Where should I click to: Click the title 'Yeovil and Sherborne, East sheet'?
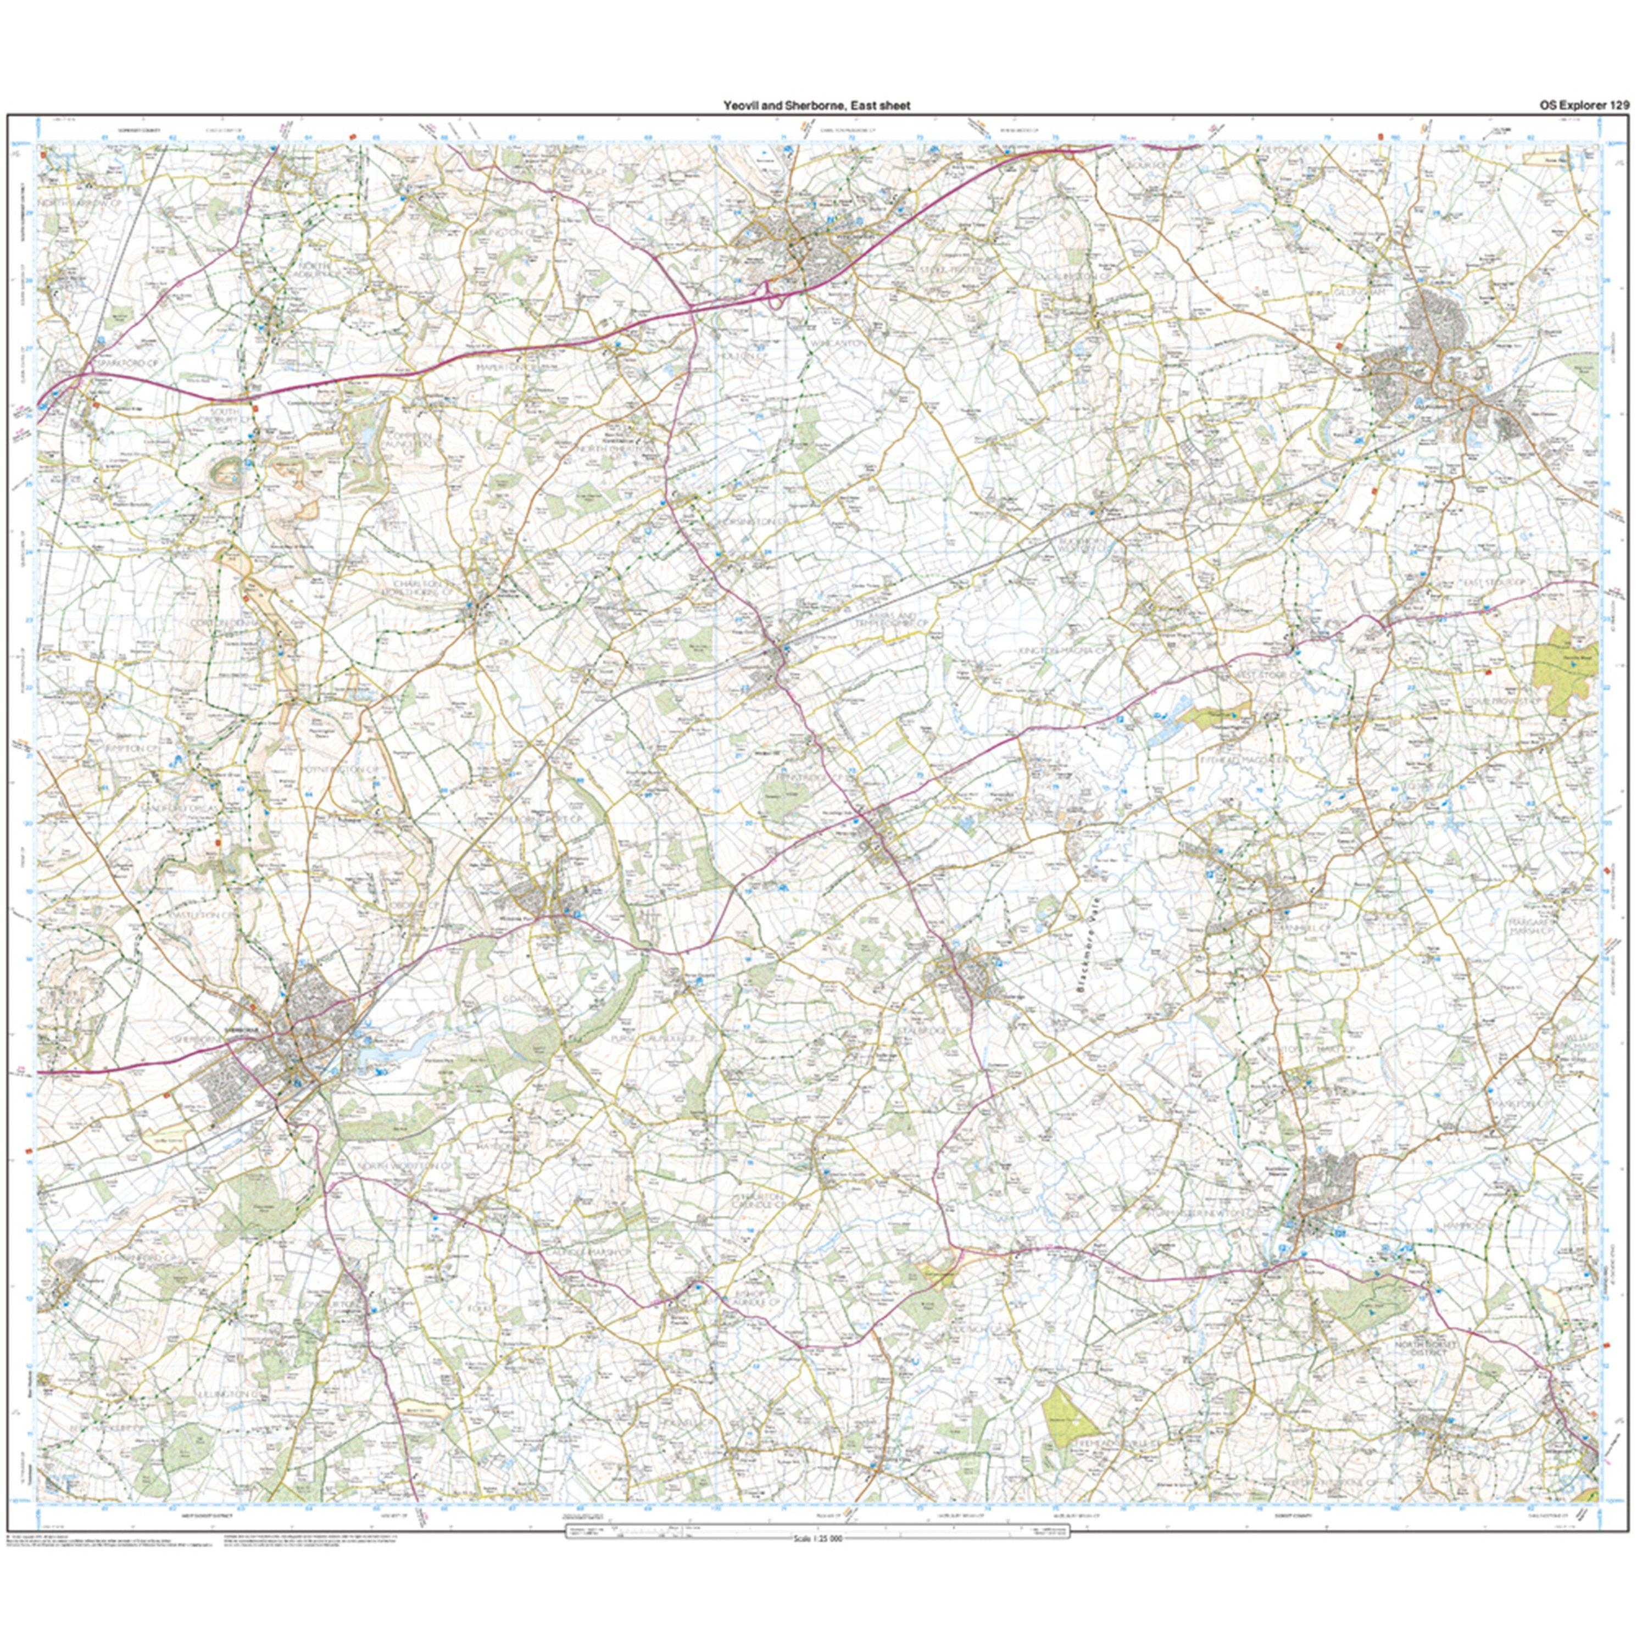point(816,105)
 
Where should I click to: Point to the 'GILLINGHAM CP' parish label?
point(1356,291)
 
